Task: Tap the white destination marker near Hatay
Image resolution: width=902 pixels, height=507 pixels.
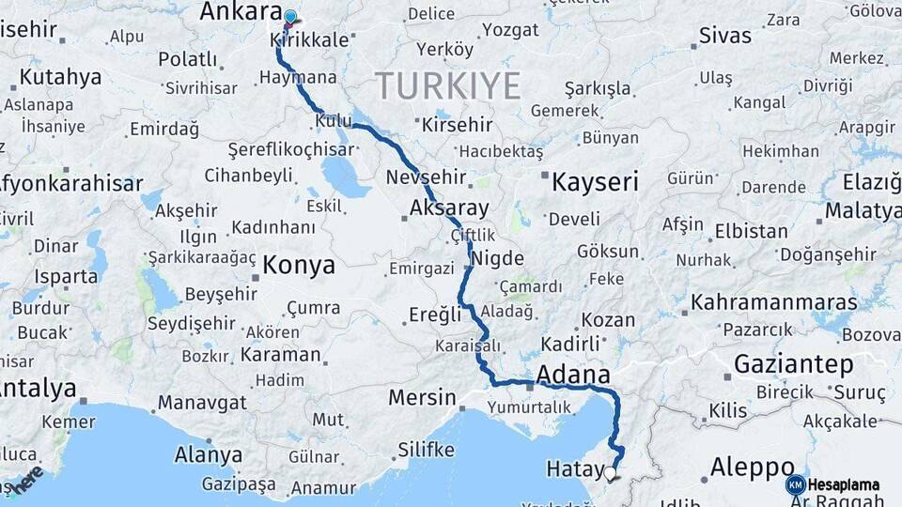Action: pyautogui.click(x=612, y=473)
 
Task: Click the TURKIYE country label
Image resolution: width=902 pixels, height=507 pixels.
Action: pyautogui.click(x=448, y=86)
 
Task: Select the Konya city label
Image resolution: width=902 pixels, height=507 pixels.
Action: pyautogui.click(x=299, y=266)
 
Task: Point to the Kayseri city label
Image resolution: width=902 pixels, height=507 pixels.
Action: pyautogui.click(x=595, y=181)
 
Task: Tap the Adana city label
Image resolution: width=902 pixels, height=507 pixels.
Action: pyautogui.click(x=573, y=375)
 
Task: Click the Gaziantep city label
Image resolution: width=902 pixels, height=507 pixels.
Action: pyautogui.click(x=794, y=363)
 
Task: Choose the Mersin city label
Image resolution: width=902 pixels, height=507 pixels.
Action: pyautogui.click(x=422, y=397)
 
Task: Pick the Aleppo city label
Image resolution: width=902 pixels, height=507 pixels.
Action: pyautogui.click(x=753, y=467)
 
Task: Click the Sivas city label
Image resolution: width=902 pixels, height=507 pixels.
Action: pyautogui.click(x=725, y=36)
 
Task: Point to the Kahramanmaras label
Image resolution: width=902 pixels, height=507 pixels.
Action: pyautogui.click(x=774, y=302)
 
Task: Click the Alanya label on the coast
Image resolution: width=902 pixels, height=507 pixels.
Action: pyautogui.click(x=208, y=455)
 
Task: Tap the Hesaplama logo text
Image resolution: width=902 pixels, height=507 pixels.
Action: pyautogui.click(x=844, y=484)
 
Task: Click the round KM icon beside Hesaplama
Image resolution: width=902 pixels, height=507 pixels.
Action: pyautogui.click(x=795, y=484)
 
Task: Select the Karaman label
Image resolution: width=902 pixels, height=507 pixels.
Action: pyautogui.click(x=280, y=355)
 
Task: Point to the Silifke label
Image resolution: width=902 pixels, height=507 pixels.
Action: pyautogui.click(x=426, y=449)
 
